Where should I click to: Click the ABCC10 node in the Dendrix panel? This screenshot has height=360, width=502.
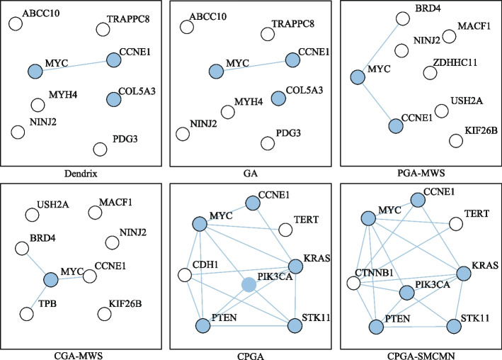pos(14,24)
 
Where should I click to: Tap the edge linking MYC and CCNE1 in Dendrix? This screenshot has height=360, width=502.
pos(74,65)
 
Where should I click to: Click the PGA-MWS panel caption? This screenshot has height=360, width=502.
pos(417,170)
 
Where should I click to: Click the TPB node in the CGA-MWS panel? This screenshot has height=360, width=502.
pos(27,313)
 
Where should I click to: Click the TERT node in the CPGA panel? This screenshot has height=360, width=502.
pos(286,230)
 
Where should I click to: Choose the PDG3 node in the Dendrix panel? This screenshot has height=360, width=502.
pos(100,148)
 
